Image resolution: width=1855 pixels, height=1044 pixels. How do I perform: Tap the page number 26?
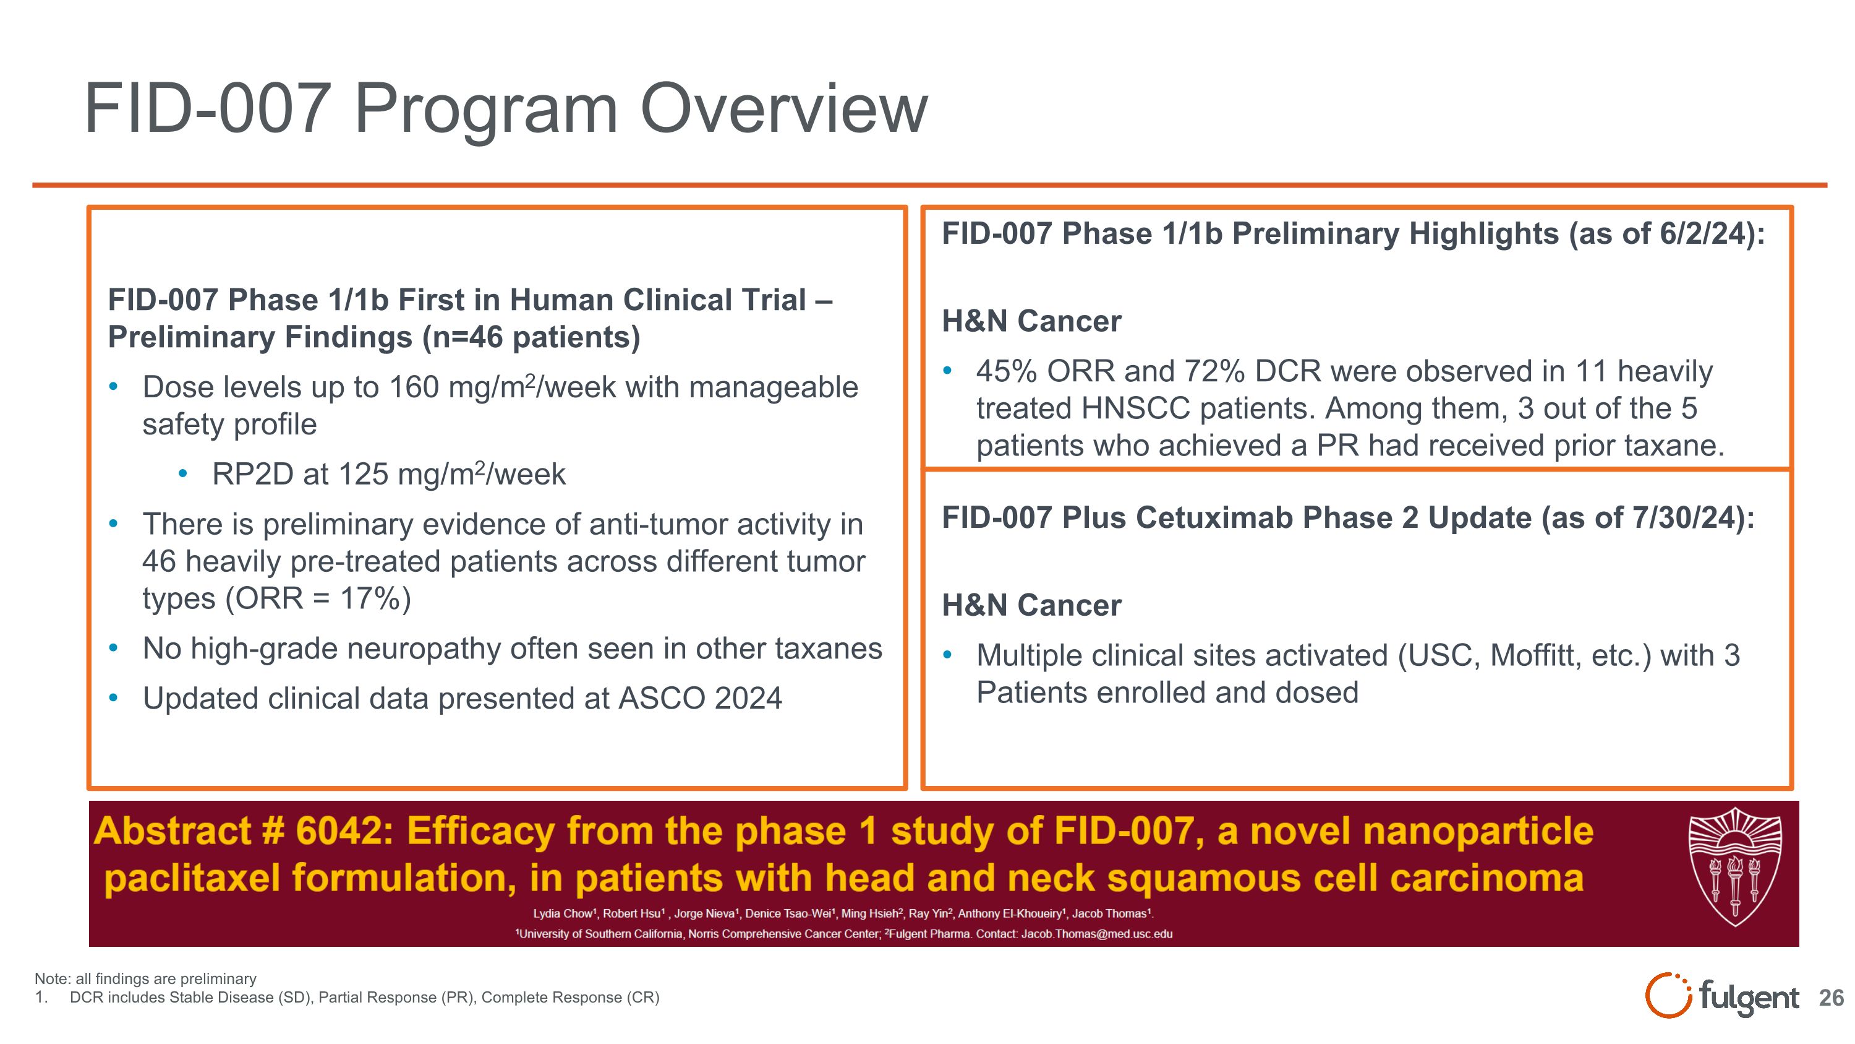pyautogui.click(x=1830, y=998)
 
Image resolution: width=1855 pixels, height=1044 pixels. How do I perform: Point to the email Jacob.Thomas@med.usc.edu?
pyautogui.click(x=1097, y=934)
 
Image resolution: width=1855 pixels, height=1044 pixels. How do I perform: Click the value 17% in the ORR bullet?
pyautogui.click(x=370, y=598)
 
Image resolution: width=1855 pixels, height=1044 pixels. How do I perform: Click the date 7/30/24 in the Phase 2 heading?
pyautogui.click(x=1692, y=518)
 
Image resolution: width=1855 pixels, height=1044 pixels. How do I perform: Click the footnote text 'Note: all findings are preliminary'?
pyautogui.click(x=145, y=978)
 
